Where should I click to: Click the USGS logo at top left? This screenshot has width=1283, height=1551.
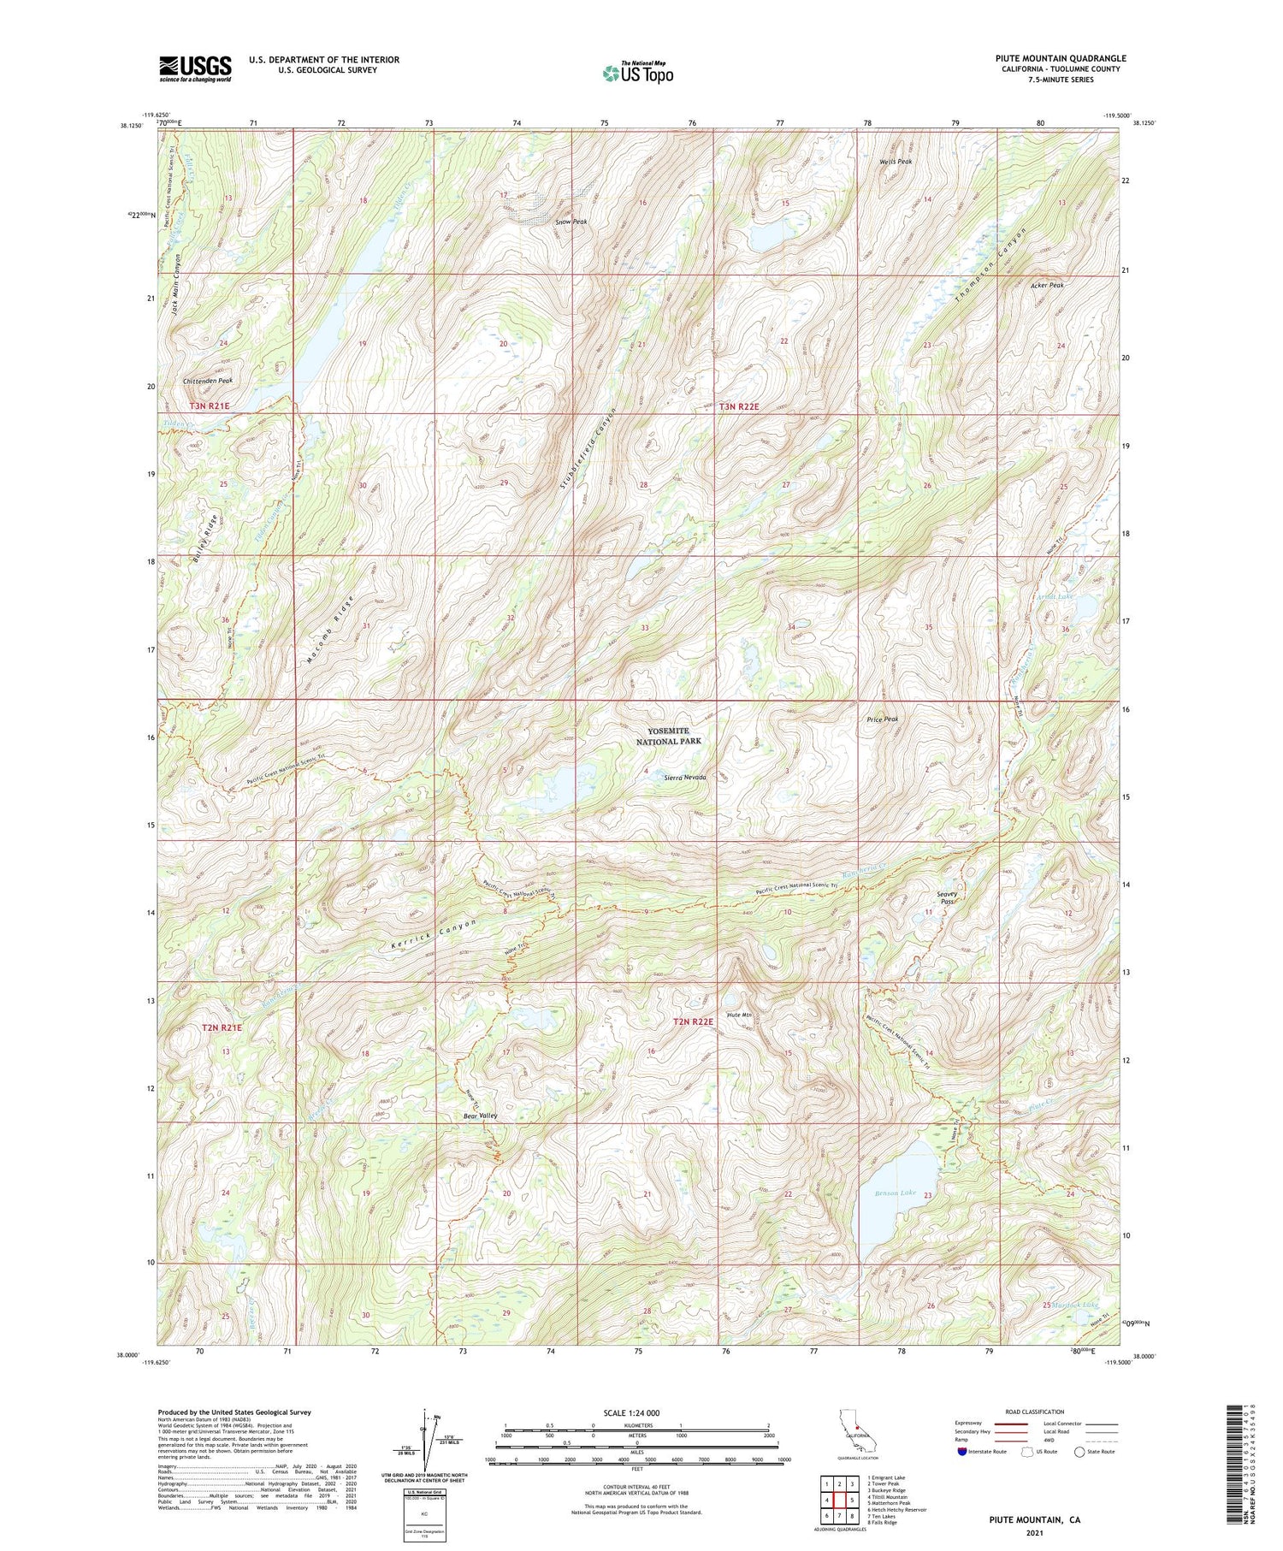click(x=195, y=68)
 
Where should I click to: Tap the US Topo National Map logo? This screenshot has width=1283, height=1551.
click(x=637, y=74)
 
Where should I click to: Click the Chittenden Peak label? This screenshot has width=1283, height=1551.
click(x=207, y=381)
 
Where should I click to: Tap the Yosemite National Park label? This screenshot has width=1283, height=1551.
click(x=674, y=736)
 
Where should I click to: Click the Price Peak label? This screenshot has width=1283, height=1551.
click(x=880, y=719)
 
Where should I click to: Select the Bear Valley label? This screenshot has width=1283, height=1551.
click(x=480, y=1116)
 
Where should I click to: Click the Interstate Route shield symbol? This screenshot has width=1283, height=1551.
click(x=963, y=1452)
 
